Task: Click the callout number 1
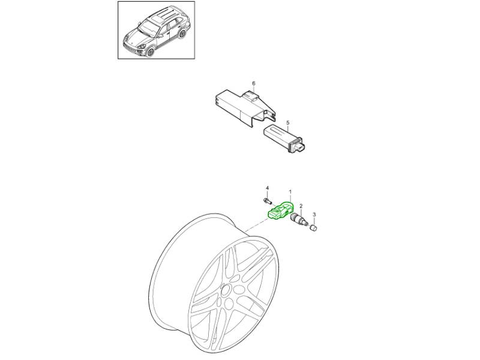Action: coord(290,191)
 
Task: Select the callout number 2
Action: coord(301,206)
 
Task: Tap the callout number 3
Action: coord(314,215)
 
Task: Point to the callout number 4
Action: coord(267,188)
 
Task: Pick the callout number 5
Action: coord(288,123)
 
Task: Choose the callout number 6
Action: coord(253,83)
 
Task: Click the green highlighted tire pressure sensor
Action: coord(280,211)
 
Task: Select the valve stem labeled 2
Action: coord(298,220)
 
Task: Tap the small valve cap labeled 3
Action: coord(313,228)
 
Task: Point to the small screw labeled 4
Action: coord(267,201)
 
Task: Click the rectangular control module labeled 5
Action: coord(286,139)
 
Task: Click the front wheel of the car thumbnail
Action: coord(149,52)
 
